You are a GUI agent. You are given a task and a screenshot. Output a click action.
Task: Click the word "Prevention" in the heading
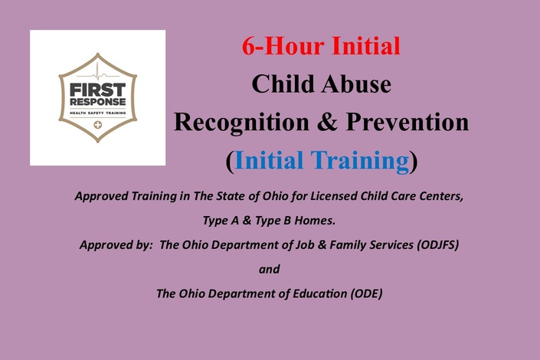pyautogui.click(x=407, y=122)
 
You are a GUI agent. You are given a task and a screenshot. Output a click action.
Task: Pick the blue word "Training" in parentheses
pyautogui.click(x=359, y=161)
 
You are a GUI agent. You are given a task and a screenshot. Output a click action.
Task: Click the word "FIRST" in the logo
pyautogui.click(x=98, y=90)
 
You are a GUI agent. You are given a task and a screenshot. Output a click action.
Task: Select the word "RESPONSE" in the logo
pyautogui.click(x=98, y=102)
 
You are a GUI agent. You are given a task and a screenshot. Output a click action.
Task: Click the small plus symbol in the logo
pyautogui.click(x=98, y=125)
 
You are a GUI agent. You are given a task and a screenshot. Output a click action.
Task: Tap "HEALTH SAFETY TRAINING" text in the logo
pyautogui.click(x=98, y=113)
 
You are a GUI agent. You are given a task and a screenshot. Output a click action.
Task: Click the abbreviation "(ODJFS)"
pyautogui.click(x=437, y=245)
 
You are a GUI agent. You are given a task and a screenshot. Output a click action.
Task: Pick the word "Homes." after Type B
pyautogui.click(x=315, y=221)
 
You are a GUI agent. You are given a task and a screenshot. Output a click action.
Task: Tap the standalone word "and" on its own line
pyautogui.click(x=270, y=269)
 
